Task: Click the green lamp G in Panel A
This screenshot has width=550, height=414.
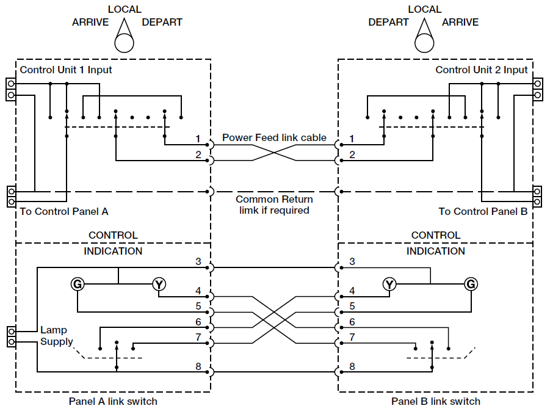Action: tap(78, 284)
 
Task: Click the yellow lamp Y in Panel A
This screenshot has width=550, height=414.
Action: tap(159, 284)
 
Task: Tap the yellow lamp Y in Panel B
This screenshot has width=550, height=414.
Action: tap(389, 284)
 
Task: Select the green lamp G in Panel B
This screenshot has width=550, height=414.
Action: tap(471, 284)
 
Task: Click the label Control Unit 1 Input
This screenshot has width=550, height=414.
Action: tap(66, 70)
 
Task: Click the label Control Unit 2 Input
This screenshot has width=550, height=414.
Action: tap(481, 70)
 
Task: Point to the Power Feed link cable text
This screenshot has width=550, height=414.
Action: tap(274, 137)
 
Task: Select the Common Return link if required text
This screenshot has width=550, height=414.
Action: tap(274, 205)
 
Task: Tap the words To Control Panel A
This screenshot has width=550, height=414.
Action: tap(64, 212)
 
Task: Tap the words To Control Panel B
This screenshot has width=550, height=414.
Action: tap(483, 212)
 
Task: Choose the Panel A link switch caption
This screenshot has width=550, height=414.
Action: tap(113, 401)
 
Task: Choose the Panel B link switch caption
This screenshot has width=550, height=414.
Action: tap(436, 401)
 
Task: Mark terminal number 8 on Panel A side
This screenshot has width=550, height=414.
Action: tap(198, 366)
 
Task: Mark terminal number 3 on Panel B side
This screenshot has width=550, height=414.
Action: tap(352, 262)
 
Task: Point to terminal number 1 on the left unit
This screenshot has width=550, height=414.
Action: tap(198, 139)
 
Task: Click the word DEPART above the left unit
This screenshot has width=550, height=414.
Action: tap(162, 23)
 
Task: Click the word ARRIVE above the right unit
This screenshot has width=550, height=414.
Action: tap(460, 23)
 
